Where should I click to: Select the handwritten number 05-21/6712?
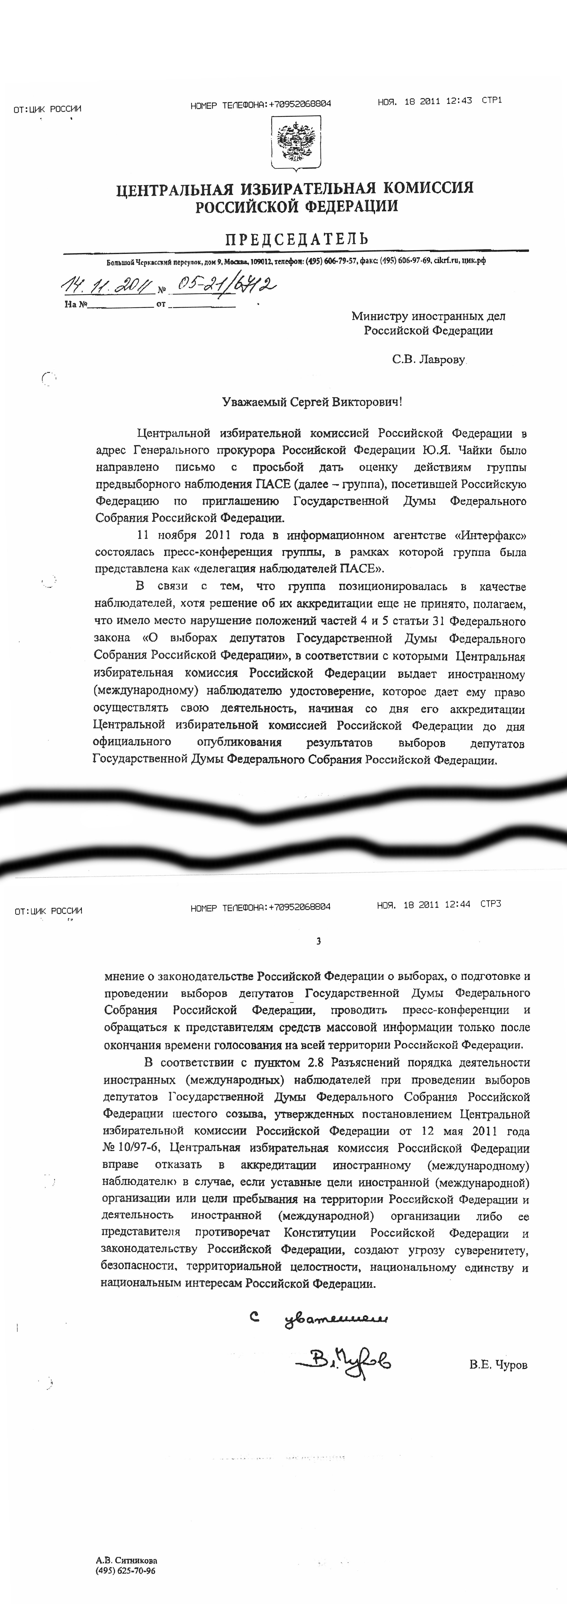point(224,285)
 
